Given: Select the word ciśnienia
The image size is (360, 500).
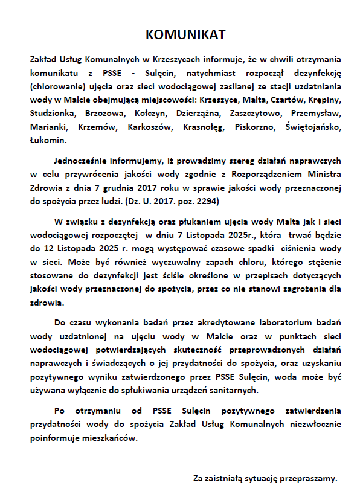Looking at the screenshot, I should (291, 248).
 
